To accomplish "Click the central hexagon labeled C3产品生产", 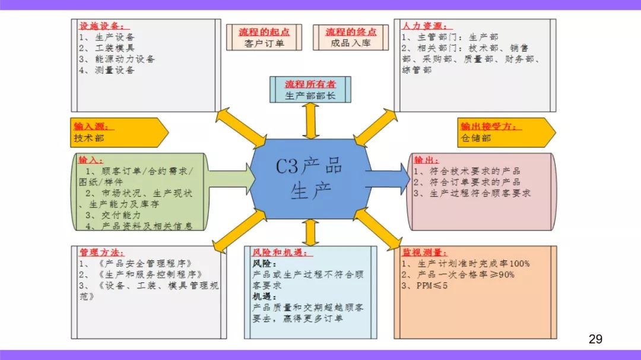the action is point(310,179).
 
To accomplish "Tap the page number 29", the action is point(595,339).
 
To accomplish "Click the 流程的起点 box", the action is point(264,37).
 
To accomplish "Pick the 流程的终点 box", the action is point(351,37).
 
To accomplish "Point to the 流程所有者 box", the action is point(310,90).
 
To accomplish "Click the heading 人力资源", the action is point(425,26).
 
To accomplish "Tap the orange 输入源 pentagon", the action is point(119,132).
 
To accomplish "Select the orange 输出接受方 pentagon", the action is point(506,132).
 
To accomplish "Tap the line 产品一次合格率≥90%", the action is point(458,275).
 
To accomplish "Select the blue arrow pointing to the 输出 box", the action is point(388,179).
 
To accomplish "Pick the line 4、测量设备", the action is point(107,71).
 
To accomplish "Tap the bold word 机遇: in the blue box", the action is point(265,297).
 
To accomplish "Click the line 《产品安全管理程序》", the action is point(135,263).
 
